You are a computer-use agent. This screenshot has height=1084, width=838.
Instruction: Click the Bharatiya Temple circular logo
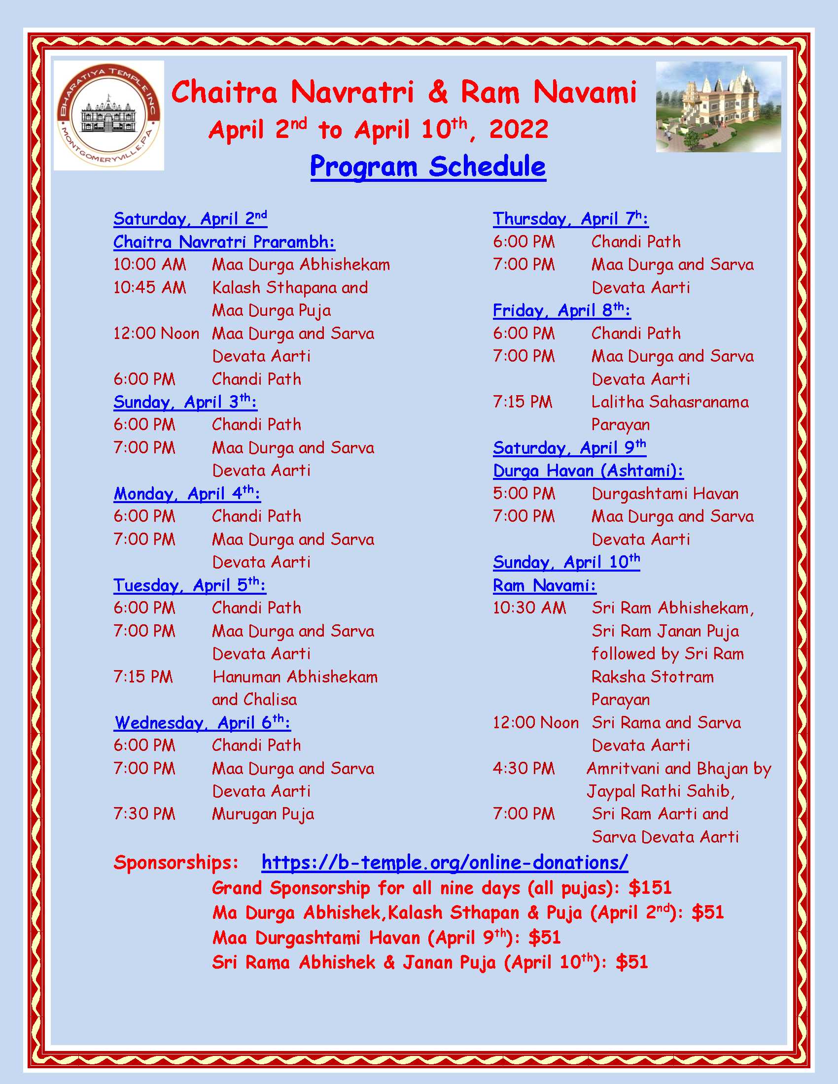tap(109, 116)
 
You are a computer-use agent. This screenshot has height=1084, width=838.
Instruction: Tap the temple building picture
tap(718, 107)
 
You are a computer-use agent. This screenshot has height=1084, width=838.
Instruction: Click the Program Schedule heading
tap(428, 166)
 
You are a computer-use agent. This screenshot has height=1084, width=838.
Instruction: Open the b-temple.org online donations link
tap(444, 862)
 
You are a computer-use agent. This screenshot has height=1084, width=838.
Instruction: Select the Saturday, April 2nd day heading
tap(190, 218)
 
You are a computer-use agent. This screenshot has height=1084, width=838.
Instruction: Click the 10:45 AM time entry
tap(149, 287)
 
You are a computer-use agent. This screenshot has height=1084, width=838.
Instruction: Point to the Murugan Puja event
tap(263, 814)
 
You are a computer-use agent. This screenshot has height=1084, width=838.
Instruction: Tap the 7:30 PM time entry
tap(144, 814)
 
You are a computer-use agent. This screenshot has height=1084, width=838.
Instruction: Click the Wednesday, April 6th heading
tap(202, 723)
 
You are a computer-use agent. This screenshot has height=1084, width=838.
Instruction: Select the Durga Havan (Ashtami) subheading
tap(588, 471)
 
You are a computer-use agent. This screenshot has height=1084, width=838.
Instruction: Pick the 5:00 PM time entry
tap(523, 493)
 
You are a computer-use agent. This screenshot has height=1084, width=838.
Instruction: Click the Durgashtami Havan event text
tap(665, 493)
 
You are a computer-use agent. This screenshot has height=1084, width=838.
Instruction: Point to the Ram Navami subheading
tap(544, 585)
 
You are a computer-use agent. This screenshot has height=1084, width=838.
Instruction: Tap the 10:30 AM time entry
tap(529, 608)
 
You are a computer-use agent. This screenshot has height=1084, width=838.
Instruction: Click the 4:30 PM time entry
tap(523, 768)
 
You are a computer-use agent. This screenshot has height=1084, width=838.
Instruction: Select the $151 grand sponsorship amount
tap(650, 887)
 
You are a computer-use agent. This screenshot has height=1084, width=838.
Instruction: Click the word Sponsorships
tap(176, 862)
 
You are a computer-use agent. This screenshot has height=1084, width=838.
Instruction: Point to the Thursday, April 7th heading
tap(570, 218)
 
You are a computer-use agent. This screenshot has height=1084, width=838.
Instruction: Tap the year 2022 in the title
tap(518, 130)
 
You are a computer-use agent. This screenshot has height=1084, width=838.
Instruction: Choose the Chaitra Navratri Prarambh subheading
tap(224, 242)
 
